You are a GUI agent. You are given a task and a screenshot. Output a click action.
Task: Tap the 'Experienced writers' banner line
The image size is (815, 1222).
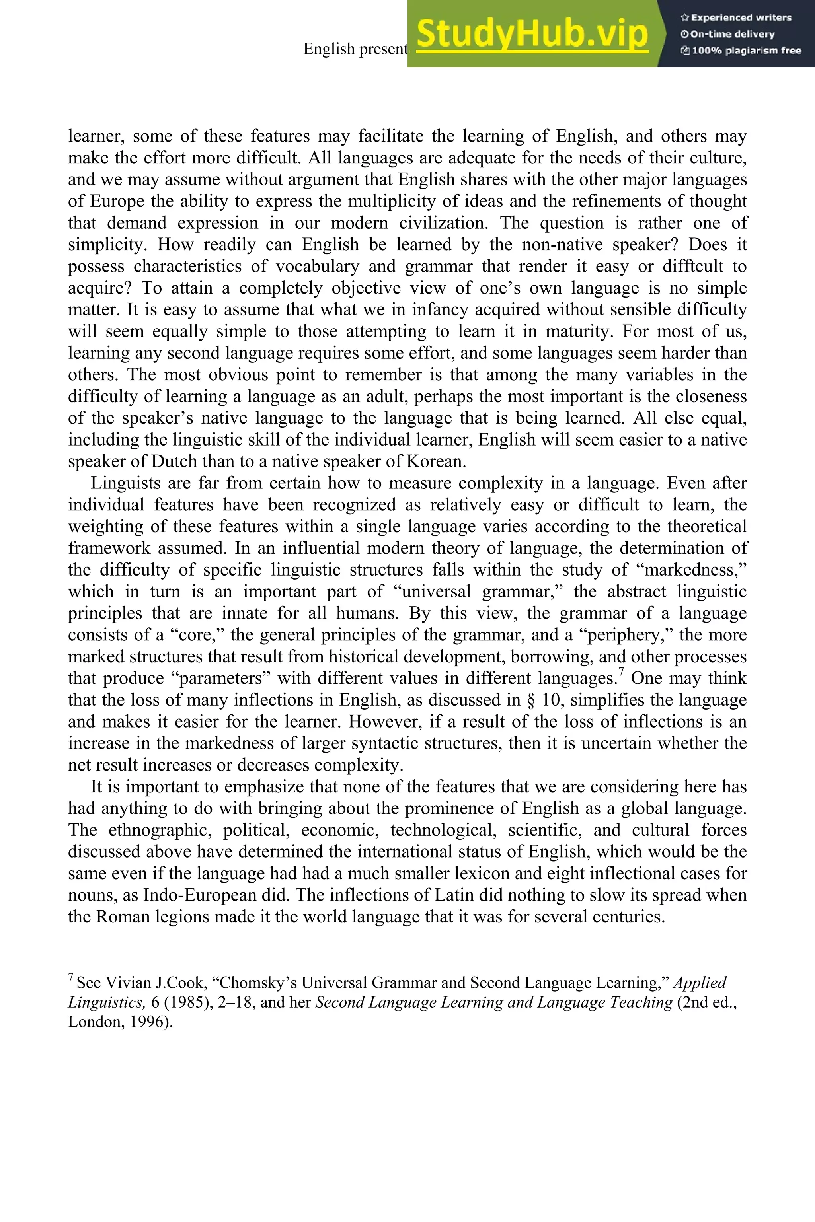[736, 18]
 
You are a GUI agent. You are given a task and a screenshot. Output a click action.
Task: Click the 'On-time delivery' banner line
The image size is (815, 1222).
[728, 34]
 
